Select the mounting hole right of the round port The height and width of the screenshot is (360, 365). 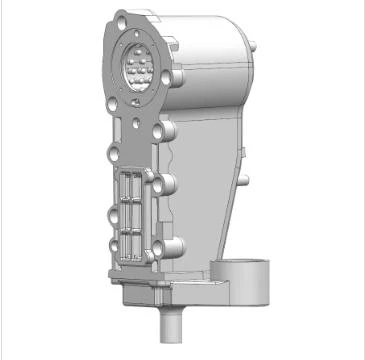click(178, 77)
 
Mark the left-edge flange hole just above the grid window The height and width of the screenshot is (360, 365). click(109, 155)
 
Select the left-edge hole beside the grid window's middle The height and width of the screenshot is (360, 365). click(109, 212)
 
